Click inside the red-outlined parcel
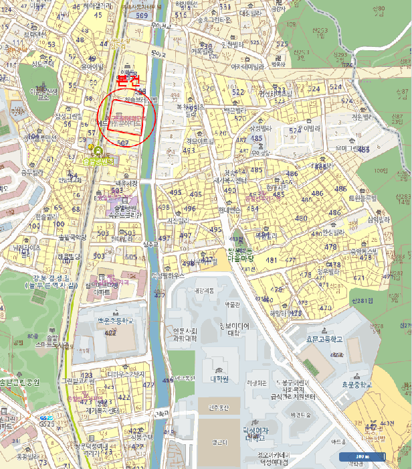click(126, 117)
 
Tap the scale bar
click(361, 457)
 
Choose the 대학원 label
click(220, 379)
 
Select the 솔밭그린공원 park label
click(20, 381)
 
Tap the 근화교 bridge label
click(161, 413)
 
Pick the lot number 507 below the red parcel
click(122, 143)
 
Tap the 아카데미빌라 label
click(244, 66)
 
